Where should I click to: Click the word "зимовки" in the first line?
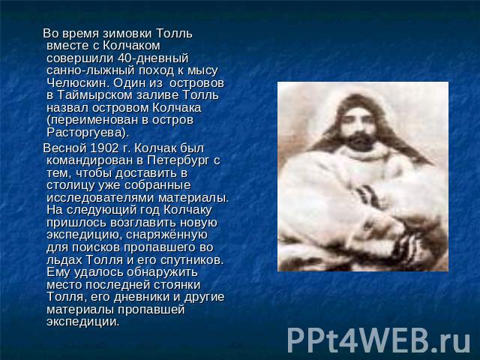pyautogui.click(x=127, y=33)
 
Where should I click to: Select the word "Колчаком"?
pyautogui.click(x=131, y=46)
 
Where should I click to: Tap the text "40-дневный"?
pyautogui.click(x=153, y=58)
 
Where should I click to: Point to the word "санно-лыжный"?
pyautogui.click(x=91, y=70)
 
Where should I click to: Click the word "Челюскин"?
pyautogui.click(x=78, y=83)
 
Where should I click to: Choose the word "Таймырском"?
pyautogui.click(x=95, y=95)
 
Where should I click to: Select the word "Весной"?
pyautogui.click(x=65, y=148)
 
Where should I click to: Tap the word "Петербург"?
pyautogui.click(x=178, y=160)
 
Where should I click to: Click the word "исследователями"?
pyautogui.click(x=100, y=198)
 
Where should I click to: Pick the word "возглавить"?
pyautogui.click(x=143, y=223)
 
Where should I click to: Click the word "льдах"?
pyautogui.click(x=64, y=260)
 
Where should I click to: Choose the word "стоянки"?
pyautogui.click(x=177, y=285)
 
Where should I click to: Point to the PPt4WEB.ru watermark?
pyautogui.click(x=379, y=340)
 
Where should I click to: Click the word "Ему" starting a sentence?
pyautogui.click(x=58, y=272)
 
